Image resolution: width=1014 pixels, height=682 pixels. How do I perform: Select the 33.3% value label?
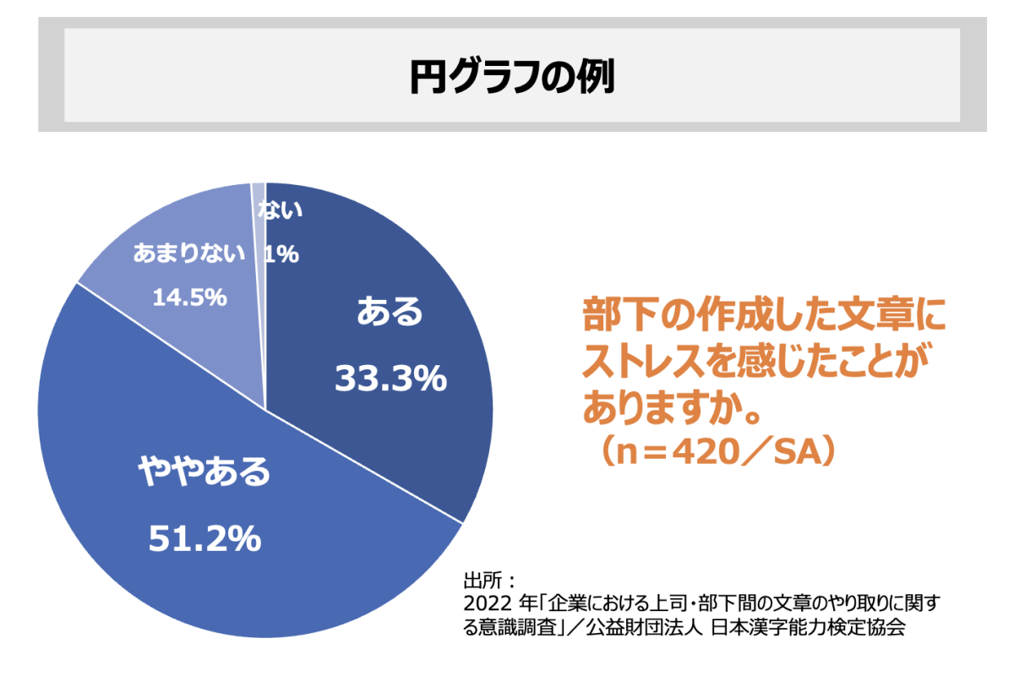[390, 379]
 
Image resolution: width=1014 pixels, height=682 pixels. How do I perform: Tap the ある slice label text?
[390, 313]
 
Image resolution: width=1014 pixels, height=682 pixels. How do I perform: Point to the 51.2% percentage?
[204, 538]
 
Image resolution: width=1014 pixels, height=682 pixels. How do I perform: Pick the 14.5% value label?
[189, 297]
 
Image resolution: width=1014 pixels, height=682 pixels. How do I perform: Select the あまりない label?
[189, 254]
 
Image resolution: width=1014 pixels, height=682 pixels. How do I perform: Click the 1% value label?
[281, 254]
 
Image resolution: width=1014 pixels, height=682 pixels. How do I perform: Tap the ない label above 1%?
[280, 211]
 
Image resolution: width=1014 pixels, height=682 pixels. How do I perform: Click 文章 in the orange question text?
[862, 317]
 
